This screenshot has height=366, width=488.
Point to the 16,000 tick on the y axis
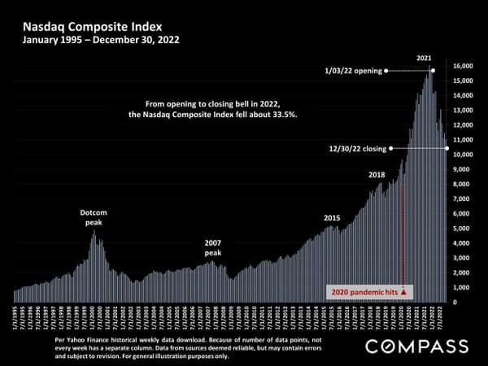coord(463,66)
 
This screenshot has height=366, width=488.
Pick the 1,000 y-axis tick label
coord(461,288)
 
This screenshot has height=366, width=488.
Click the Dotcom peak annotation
coord(94,217)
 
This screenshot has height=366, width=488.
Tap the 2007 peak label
coord(213,247)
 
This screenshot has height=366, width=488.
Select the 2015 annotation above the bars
coord(332,218)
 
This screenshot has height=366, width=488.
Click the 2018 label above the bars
coord(377,175)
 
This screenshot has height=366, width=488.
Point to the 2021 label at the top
coord(424,59)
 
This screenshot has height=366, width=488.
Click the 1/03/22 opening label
coord(352,71)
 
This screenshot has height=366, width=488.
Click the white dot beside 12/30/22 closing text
coord(392,148)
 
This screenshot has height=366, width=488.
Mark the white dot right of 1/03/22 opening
coord(386,71)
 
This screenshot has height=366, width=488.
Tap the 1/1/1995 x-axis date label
coord(15,317)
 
